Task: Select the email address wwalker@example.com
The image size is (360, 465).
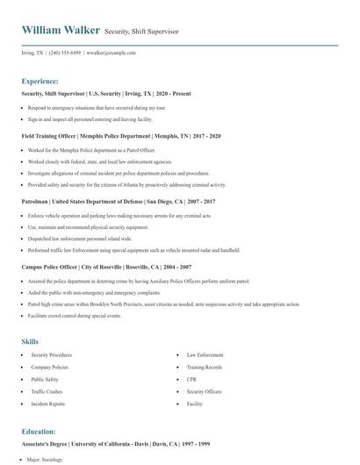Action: (x=112, y=53)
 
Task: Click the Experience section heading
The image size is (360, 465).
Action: (x=40, y=80)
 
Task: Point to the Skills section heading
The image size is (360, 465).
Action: (x=30, y=340)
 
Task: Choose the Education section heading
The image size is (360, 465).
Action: (x=39, y=431)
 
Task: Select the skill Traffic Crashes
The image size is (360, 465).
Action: (x=47, y=391)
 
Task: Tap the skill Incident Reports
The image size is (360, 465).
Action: (x=47, y=404)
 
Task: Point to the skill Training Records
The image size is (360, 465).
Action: (x=204, y=367)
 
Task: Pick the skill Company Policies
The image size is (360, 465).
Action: (x=49, y=367)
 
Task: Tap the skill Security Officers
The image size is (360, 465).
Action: (x=204, y=391)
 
